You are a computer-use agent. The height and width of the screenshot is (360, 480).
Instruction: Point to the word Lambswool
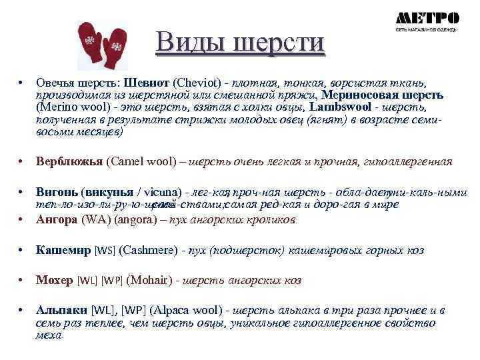(x=340, y=106)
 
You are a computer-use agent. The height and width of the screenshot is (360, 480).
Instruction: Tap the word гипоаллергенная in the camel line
(x=406, y=162)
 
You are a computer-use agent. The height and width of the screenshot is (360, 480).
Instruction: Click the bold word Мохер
(x=55, y=281)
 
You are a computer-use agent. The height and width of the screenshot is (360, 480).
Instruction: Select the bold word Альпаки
(x=61, y=311)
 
